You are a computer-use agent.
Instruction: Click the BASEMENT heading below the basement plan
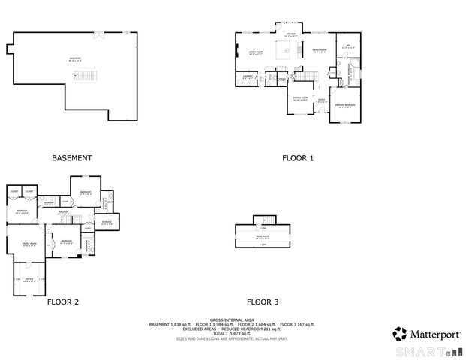(71, 158)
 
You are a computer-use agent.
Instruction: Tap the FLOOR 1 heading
(298, 158)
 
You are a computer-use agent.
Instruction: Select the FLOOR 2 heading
(63, 302)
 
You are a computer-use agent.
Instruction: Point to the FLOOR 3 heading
(263, 302)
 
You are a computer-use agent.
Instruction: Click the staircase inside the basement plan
(90, 76)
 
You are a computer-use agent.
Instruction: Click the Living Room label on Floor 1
(256, 52)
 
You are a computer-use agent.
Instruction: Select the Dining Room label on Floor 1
(300, 98)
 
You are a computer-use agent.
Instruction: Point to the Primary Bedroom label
(345, 105)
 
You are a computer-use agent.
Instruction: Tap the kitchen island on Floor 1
(284, 51)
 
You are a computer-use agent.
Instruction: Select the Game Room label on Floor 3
(263, 236)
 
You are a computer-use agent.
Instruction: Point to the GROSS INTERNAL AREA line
(232, 319)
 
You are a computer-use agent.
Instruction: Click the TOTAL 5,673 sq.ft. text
(232, 331)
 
